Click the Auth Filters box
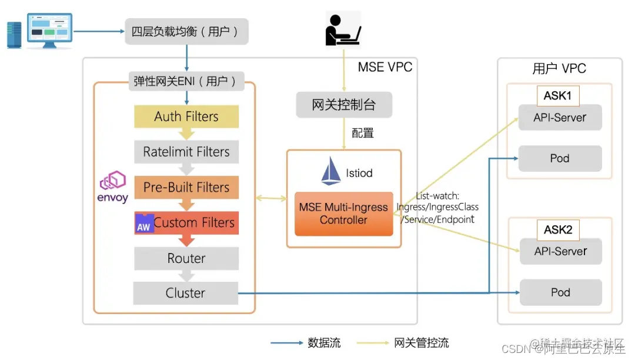[186, 116]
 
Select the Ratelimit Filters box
[186, 152]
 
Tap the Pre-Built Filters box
[186, 187]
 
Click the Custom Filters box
[186, 223]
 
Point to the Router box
[186, 258]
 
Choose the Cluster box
[186, 293]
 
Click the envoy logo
[112, 187]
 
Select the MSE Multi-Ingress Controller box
[343, 214]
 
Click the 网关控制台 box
[344, 105]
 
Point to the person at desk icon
[343, 28]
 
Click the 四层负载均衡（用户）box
[186, 31]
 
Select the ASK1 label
[557, 95]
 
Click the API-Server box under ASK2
[560, 251]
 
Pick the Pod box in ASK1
[560, 158]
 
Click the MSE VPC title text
[385, 67]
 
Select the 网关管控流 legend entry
[421, 343]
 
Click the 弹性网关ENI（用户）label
[186, 81]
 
